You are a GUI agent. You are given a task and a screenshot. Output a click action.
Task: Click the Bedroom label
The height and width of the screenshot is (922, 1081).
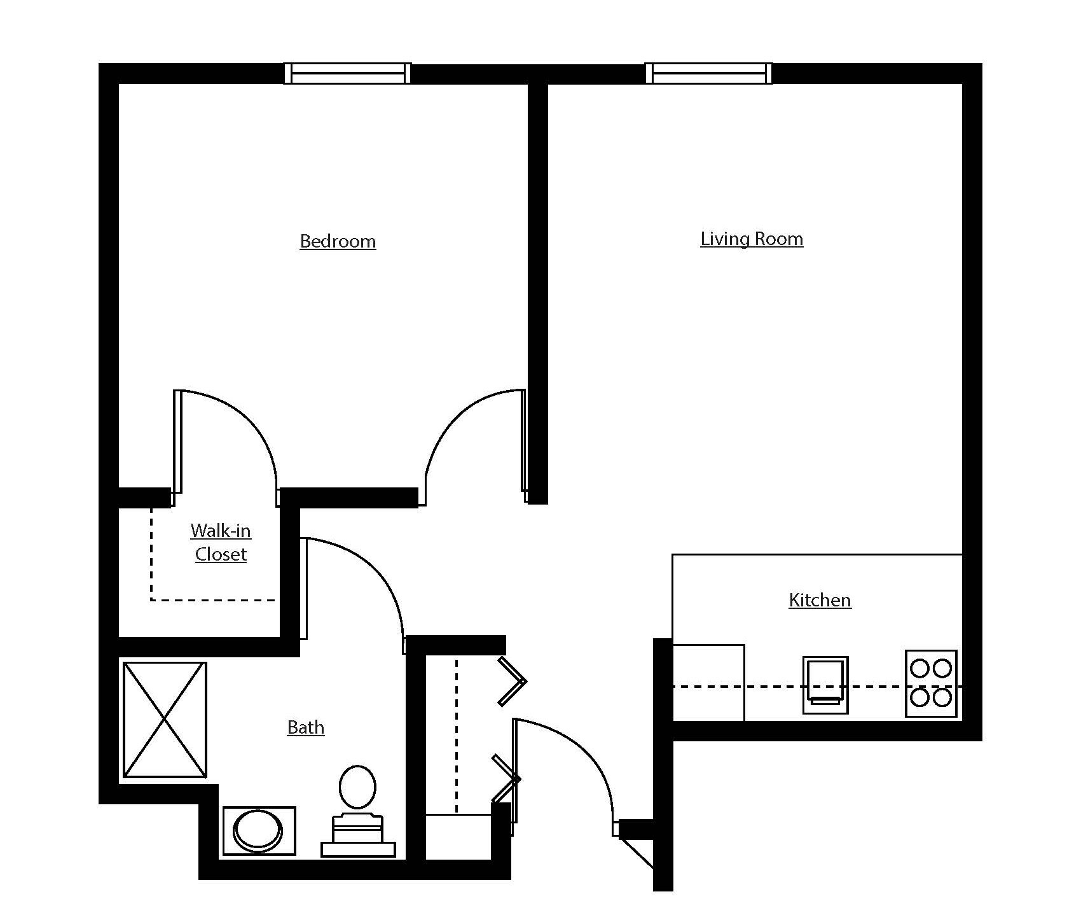[x=338, y=241]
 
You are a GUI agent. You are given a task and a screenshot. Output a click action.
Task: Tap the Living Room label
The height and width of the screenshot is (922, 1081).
[x=752, y=239]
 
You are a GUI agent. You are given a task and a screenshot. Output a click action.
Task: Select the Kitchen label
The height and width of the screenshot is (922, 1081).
[x=820, y=600]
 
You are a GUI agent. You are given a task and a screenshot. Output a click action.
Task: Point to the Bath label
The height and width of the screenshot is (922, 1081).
[x=306, y=727]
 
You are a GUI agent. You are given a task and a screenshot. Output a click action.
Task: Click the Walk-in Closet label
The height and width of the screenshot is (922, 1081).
[x=221, y=542]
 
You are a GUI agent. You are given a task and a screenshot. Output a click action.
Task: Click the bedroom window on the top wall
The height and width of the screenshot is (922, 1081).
[x=347, y=73]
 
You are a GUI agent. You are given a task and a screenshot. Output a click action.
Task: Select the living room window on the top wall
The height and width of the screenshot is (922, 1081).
[x=708, y=73]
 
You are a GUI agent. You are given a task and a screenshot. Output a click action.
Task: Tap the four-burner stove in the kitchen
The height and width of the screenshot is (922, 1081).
[x=931, y=683]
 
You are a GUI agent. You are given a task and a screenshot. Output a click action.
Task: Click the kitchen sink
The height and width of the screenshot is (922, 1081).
[x=825, y=685]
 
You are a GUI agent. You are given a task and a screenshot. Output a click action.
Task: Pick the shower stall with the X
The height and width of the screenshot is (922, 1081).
[x=165, y=720]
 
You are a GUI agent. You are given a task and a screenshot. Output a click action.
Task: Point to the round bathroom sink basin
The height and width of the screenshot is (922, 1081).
[x=258, y=831]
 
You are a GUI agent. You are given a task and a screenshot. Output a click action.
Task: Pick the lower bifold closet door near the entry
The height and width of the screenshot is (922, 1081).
[x=506, y=778]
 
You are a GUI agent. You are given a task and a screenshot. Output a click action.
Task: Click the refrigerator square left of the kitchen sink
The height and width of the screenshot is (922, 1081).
[x=708, y=683]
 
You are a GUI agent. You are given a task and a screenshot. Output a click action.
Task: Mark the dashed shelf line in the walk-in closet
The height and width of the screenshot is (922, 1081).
[x=213, y=599]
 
